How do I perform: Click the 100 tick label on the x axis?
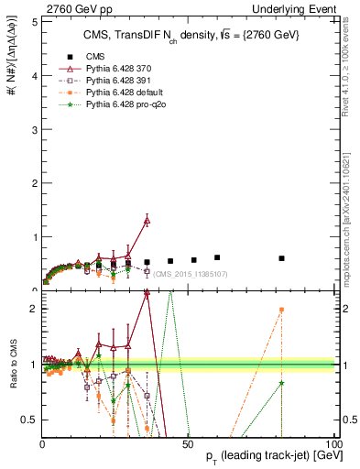click(335, 442)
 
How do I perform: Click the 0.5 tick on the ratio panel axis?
click(29, 420)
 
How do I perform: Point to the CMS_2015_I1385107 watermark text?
click(191, 274)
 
